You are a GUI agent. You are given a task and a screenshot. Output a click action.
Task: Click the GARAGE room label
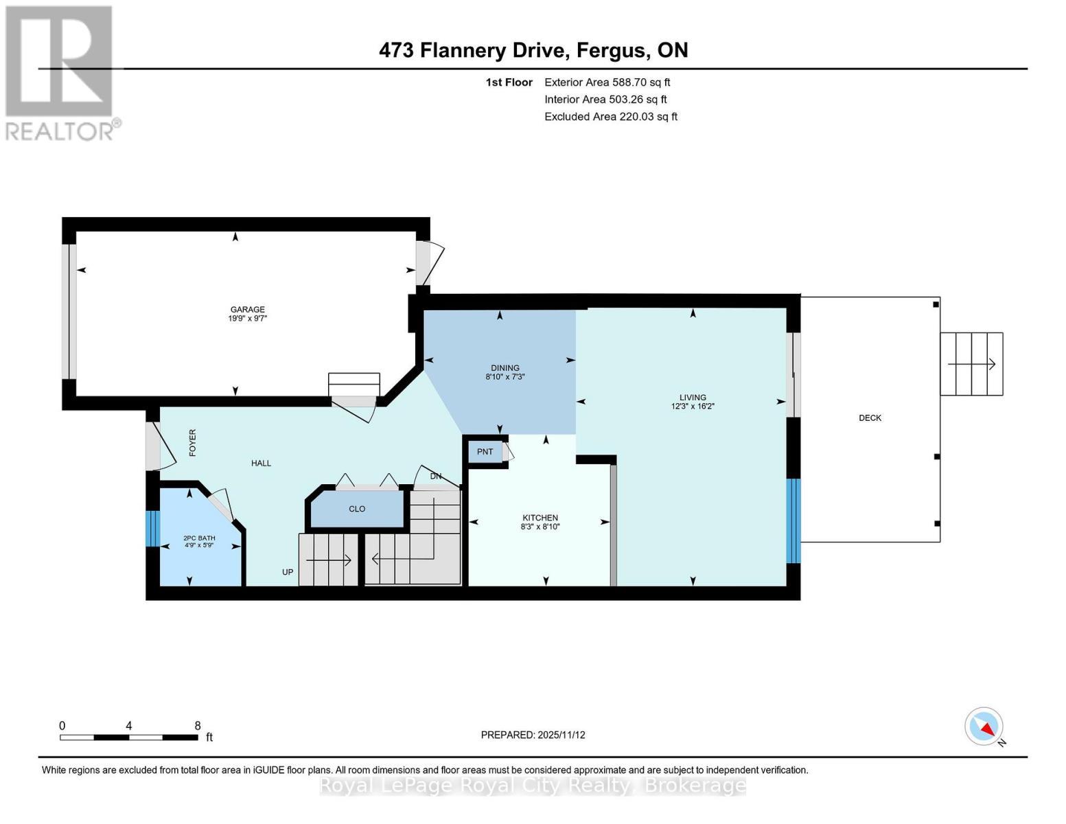[x=247, y=310]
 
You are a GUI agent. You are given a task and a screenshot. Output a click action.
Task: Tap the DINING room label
[x=505, y=368]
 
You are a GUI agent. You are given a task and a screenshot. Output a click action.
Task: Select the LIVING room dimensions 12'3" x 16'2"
[x=693, y=407]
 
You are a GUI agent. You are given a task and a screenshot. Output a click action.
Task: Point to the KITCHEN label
[x=540, y=518]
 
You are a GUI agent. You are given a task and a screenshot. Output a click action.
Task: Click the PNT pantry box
[x=485, y=452]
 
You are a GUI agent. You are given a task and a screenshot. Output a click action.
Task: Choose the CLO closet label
[x=357, y=509]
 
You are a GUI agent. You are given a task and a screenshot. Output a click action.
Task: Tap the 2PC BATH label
[x=199, y=538]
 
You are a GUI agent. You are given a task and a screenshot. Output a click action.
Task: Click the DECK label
[x=870, y=418]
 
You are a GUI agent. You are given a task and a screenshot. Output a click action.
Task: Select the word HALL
[x=261, y=463]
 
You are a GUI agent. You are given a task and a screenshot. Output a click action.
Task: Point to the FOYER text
[x=193, y=443]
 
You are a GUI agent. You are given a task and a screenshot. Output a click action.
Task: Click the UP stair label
[x=288, y=572]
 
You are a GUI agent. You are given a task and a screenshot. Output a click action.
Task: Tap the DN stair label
[x=436, y=477]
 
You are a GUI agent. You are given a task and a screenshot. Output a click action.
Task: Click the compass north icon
[x=985, y=726]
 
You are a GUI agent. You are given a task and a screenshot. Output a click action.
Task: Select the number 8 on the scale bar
[x=198, y=726]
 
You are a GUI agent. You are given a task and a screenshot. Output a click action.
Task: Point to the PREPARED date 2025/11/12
[x=533, y=735]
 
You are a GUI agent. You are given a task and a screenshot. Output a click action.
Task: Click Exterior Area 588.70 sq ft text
[x=607, y=82]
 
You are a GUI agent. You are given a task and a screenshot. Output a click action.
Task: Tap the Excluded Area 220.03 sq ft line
[x=611, y=117]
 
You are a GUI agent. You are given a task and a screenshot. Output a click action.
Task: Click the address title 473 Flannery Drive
[x=473, y=50]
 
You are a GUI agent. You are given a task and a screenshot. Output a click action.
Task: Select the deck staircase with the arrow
[x=971, y=364]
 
